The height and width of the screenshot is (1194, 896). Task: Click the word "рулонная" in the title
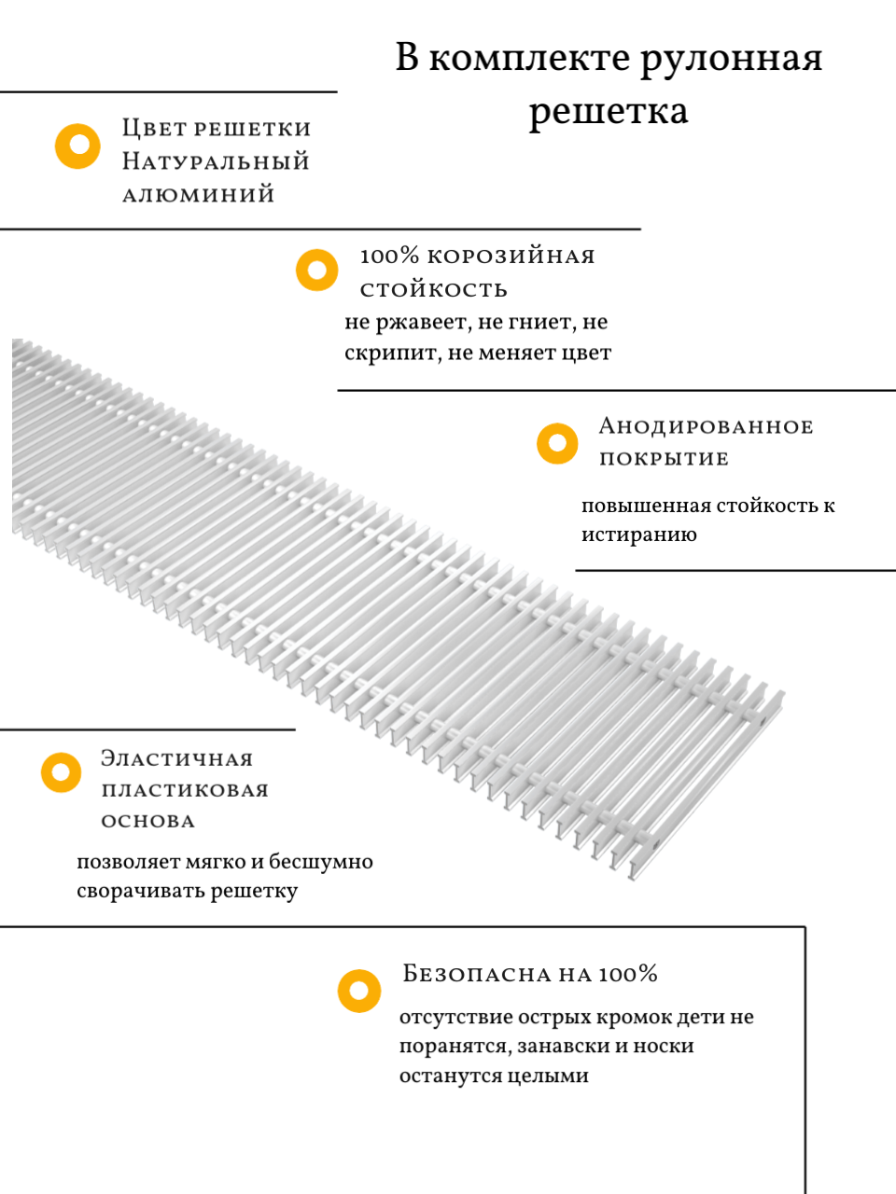click(732, 59)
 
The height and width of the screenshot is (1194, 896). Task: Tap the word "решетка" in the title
click(609, 112)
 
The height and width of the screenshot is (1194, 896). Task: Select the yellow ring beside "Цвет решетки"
click(77, 146)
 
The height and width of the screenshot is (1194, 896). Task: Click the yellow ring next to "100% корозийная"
click(317, 271)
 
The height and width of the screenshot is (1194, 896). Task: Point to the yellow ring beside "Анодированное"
click(557, 444)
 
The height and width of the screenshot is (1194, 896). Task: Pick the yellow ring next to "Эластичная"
click(62, 772)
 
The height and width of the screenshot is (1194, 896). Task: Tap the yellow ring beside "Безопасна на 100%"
click(359, 991)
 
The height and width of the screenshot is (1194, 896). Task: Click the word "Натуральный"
click(216, 161)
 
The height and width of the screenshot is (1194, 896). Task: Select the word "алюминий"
click(199, 195)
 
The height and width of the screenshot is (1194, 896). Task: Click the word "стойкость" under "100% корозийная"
click(434, 290)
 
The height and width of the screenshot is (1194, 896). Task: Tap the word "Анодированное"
click(707, 427)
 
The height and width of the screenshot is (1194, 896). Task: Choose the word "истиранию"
click(639, 535)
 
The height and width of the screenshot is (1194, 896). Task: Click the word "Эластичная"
click(177, 758)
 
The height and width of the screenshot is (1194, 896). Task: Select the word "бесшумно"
click(321, 862)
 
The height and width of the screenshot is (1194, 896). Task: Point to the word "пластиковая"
click(185, 791)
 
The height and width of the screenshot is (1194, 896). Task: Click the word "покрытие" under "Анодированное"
click(664, 459)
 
